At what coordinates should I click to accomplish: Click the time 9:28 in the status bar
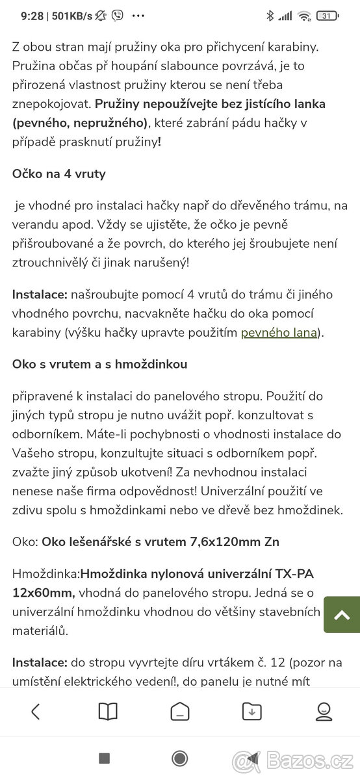(32, 16)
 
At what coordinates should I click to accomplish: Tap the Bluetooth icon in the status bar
(270, 16)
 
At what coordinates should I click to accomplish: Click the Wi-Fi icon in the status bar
(304, 16)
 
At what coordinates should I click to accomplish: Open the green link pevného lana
(279, 333)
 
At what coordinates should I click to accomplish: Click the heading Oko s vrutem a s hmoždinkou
(99, 364)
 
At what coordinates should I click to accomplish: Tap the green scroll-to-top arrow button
(342, 614)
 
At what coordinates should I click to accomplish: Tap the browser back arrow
(36, 712)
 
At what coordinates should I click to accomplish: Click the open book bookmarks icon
(108, 712)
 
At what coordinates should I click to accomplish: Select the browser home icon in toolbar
(180, 712)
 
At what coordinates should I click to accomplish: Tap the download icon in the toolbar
(251, 712)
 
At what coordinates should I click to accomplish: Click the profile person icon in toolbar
(324, 712)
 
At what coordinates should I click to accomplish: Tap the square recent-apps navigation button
(104, 758)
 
